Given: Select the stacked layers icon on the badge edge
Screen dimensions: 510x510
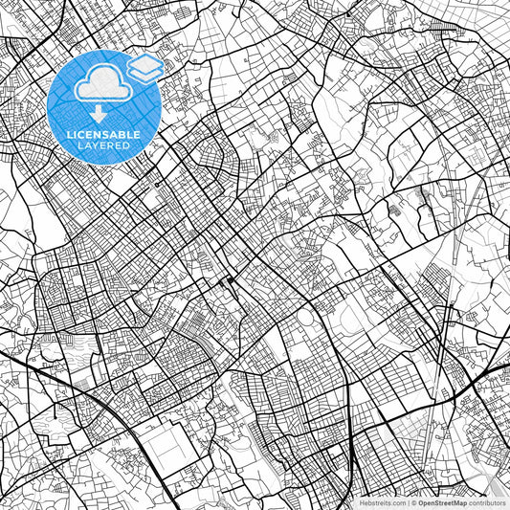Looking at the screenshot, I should pyautogui.click(x=145, y=66).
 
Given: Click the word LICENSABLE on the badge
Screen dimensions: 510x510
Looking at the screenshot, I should pyautogui.click(x=103, y=135).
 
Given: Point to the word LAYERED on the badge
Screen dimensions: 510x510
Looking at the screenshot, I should pyautogui.click(x=103, y=146).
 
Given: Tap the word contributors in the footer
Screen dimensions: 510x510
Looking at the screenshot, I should pyautogui.click(x=486, y=501).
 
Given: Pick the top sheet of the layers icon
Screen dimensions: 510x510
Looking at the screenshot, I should pyautogui.click(x=145, y=61).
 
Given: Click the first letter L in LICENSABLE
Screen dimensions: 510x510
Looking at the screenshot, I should pyautogui.click(x=68, y=135).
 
